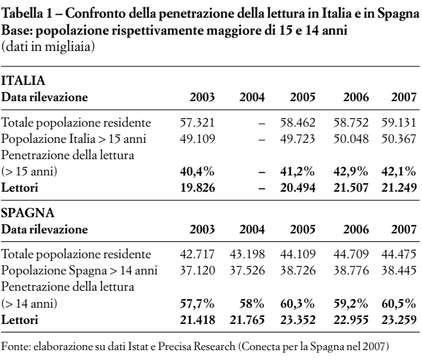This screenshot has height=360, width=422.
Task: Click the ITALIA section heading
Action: point(23,81)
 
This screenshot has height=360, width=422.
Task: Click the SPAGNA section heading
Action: point(28,213)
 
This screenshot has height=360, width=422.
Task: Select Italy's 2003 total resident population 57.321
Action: point(198,123)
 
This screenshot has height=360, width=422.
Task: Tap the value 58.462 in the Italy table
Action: point(297,123)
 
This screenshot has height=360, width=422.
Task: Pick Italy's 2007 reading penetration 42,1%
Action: point(399,171)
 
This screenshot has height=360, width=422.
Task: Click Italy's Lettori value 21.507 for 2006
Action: point(350,187)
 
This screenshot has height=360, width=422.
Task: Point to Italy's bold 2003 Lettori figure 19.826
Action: point(198,187)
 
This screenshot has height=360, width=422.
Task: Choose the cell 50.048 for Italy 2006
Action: point(350,139)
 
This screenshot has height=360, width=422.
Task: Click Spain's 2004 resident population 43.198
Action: point(247,255)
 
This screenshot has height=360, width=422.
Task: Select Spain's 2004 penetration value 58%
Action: point(251,303)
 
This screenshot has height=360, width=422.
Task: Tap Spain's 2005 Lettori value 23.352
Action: point(297,320)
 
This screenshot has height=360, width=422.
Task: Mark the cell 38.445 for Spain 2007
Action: point(399,271)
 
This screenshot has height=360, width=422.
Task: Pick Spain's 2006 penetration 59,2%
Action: point(350,303)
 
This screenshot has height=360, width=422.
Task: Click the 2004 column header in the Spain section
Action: point(252,229)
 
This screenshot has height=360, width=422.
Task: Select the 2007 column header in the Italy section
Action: point(404,97)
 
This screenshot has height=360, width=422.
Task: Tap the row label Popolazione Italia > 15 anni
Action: point(74,139)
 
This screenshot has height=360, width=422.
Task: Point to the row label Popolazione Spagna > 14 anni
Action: point(79,271)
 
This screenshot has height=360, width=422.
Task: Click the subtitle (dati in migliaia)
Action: point(48,47)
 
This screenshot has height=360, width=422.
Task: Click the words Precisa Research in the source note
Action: point(196,347)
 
